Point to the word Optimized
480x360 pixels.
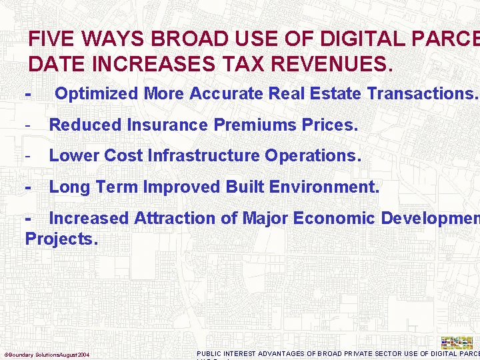(x=97, y=94)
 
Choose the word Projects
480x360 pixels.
(x=61, y=239)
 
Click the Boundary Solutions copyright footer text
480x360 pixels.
(x=47, y=354)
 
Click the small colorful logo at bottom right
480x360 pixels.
(x=457, y=342)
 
